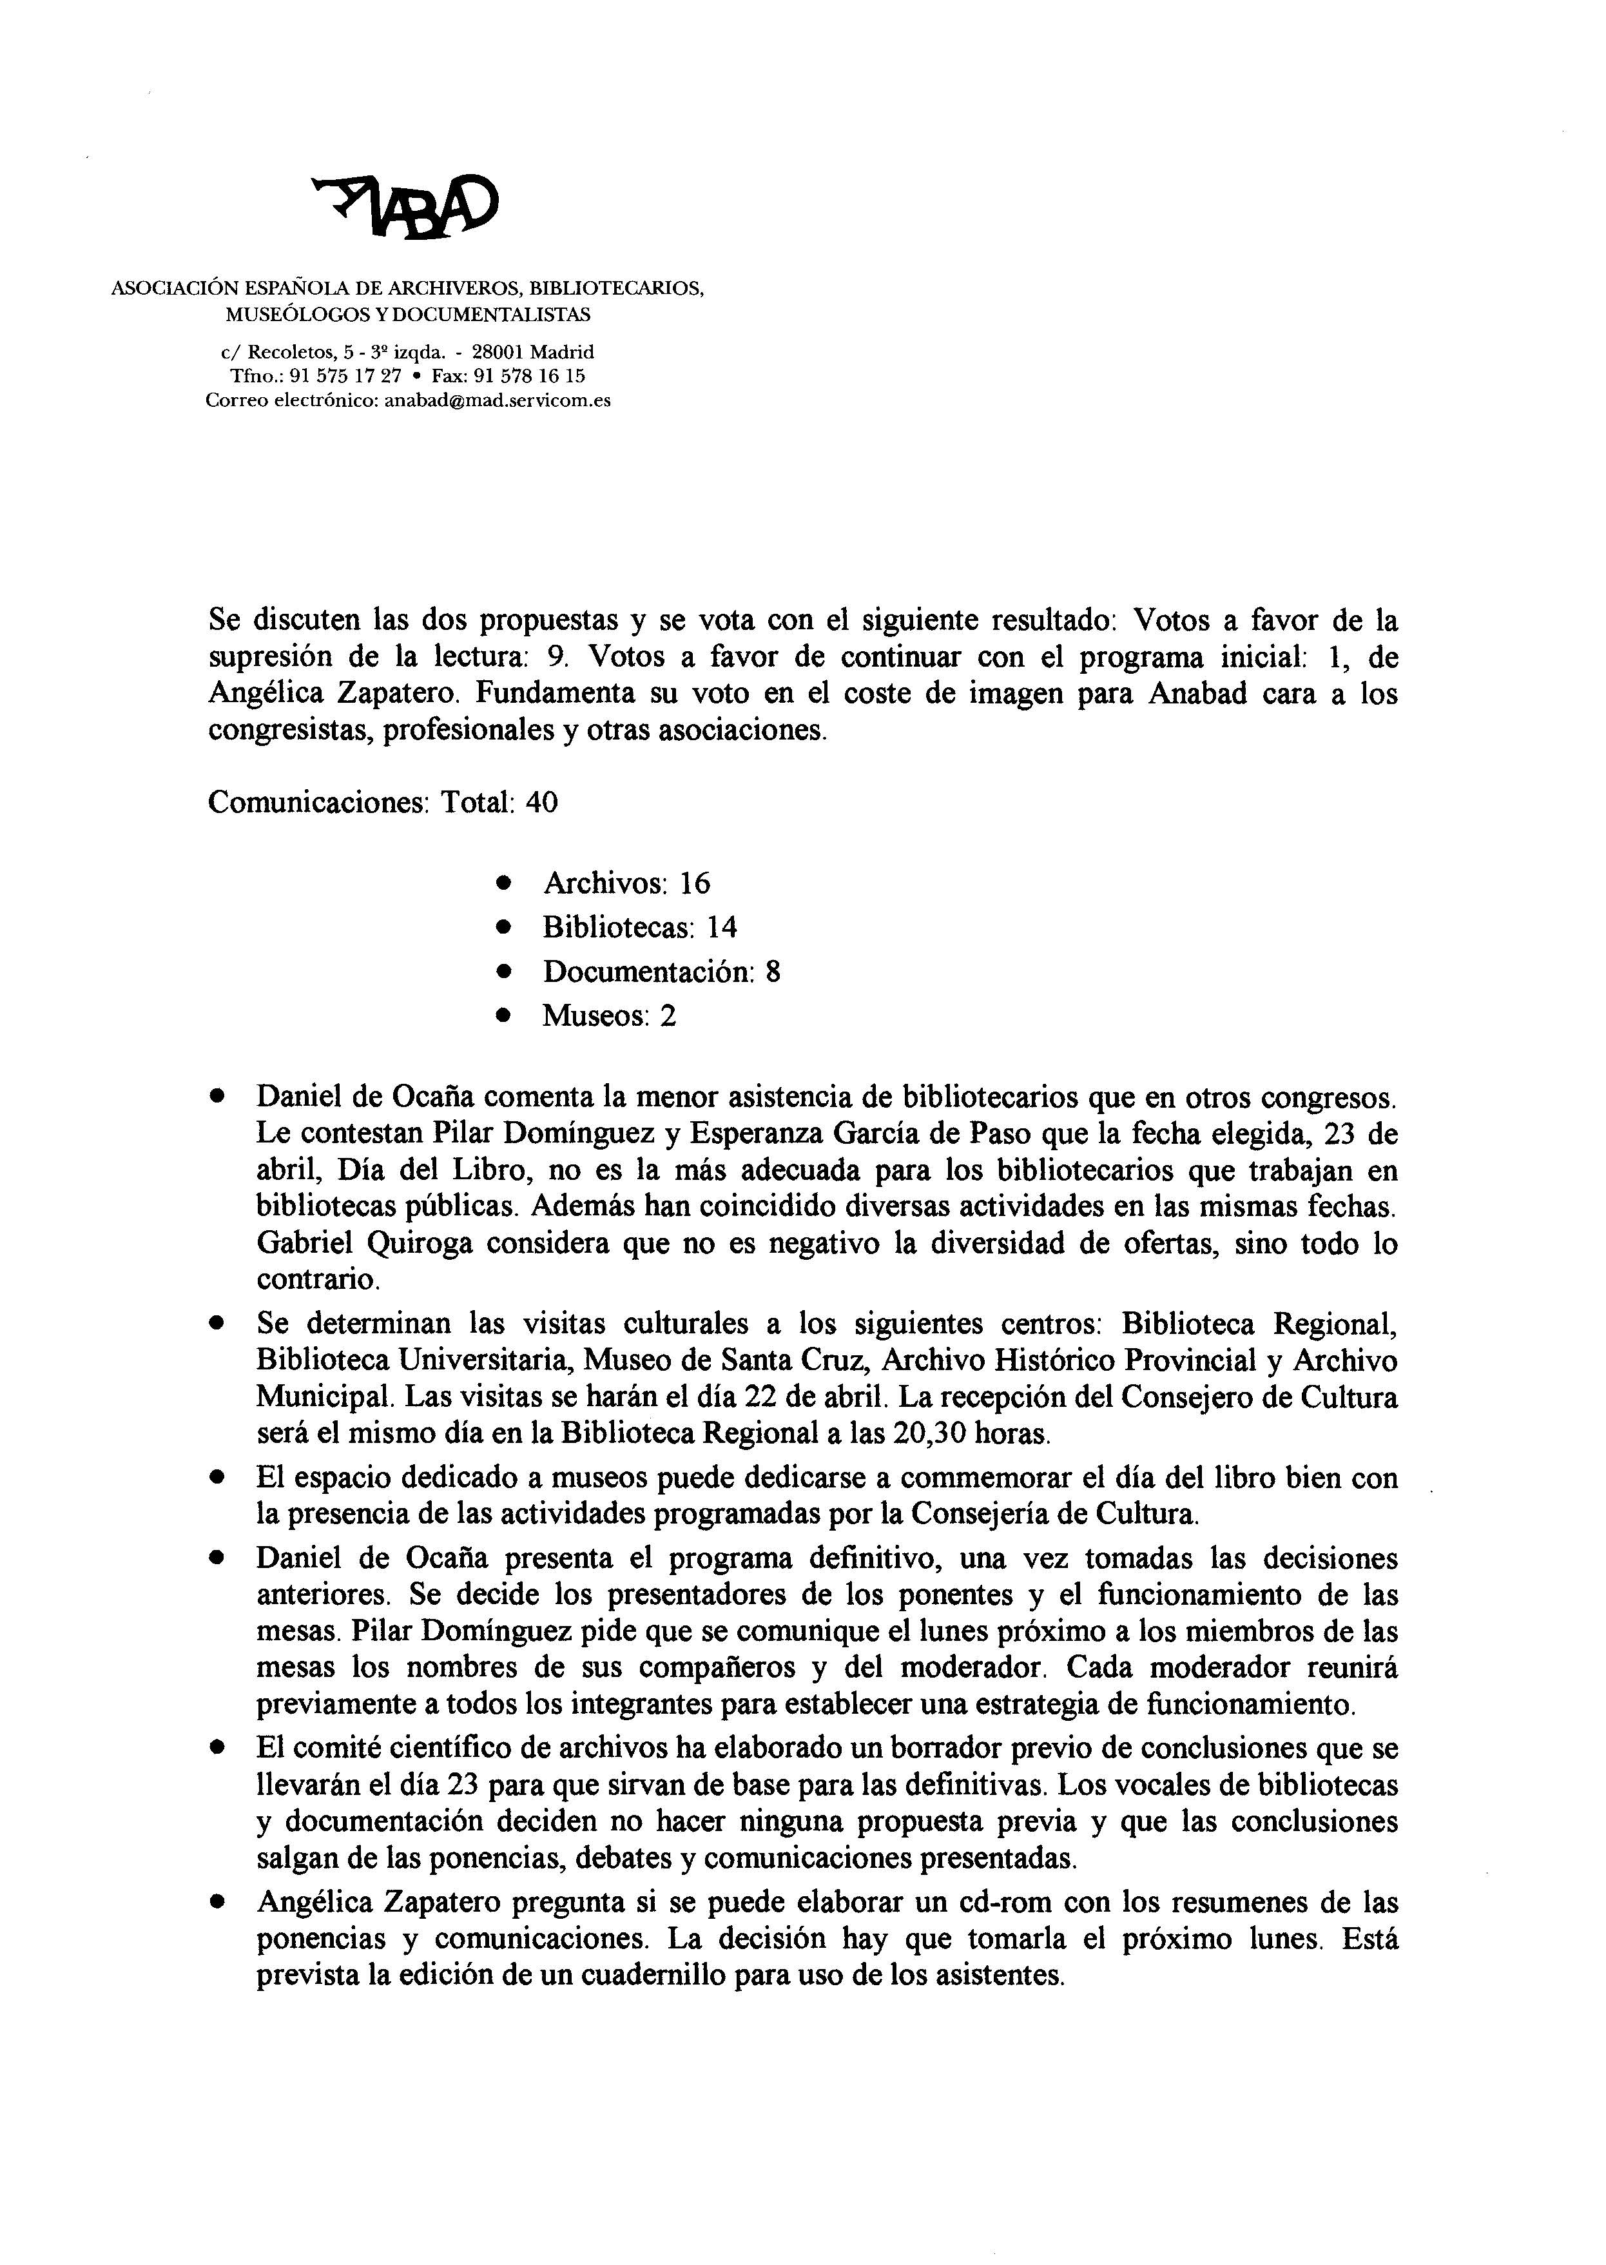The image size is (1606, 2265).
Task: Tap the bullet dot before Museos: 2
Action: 505,1015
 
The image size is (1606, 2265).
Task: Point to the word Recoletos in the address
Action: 288,352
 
